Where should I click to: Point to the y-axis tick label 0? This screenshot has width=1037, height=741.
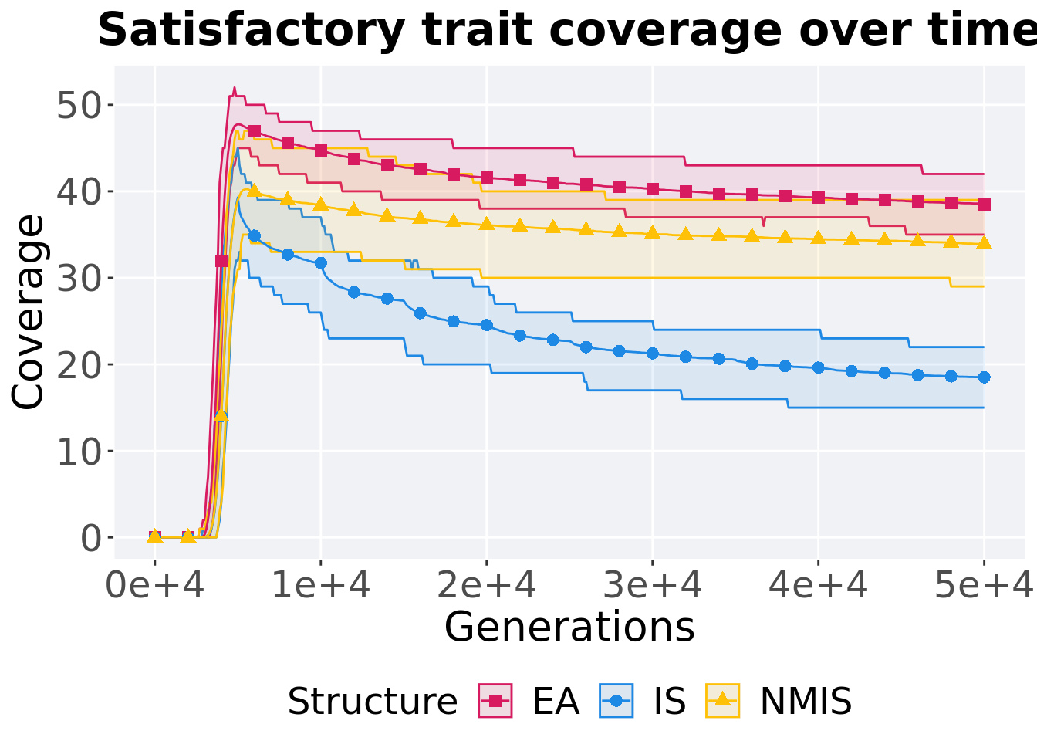(x=92, y=538)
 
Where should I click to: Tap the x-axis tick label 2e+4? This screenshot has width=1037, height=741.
(x=487, y=586)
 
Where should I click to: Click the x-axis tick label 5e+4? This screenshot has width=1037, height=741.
(x=984, y=586)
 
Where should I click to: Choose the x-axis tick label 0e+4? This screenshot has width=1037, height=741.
(x=155, y=586)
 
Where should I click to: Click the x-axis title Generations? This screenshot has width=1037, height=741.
(x=569, y=627)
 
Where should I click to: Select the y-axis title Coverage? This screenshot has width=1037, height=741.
(x=29, y=312)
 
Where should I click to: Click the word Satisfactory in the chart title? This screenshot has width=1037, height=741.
(x=251, y=31)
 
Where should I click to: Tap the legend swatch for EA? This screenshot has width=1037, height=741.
(x=495, y=701)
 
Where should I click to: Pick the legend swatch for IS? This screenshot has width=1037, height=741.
(x=616, y=701)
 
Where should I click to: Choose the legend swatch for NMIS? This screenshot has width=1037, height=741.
(x=723, y=701)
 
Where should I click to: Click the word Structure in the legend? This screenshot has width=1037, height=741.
(x=373, y=702)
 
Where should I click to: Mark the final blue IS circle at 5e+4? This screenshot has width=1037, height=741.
(x=984, y=377)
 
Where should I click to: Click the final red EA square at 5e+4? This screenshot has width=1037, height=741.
(x=984, y=205)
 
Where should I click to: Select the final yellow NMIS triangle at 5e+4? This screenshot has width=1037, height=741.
(x=984, y=242)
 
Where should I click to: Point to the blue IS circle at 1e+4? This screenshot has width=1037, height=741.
(x=321, y=263)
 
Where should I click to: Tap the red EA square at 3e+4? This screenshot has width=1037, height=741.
(x=653, y=189)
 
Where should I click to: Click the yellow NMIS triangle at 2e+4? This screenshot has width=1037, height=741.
(x=487, y=224)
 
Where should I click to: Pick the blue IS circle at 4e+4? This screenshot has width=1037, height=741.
(x=819, y=367)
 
